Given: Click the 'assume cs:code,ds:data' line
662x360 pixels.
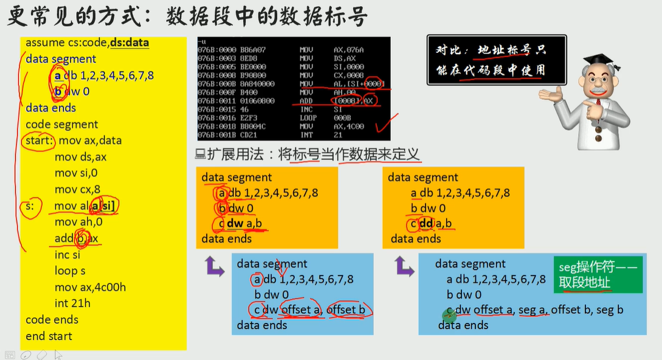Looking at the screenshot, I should click(87, 43).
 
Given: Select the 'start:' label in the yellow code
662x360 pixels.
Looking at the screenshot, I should click(40, 140).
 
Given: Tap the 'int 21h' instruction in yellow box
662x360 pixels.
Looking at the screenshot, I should click(72, 303).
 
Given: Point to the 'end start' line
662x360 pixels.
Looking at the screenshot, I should click(49, 336).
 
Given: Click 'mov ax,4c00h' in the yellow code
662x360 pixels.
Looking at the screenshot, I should click(90, 287).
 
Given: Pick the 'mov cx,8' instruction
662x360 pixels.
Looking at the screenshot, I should click(77, 189).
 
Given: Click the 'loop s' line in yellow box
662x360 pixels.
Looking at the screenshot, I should click(70, 271).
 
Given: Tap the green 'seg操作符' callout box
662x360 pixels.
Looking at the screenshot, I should click(598, 275).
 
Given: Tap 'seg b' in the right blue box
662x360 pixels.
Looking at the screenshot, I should click(611, 310).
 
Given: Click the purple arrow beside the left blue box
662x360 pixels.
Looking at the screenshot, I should click(215, 266).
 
